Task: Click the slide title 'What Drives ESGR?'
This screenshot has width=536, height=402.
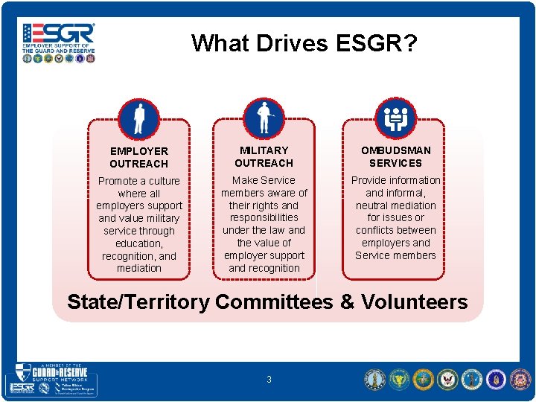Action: point(304,44)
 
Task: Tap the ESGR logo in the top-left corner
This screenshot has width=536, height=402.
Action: point(59,42)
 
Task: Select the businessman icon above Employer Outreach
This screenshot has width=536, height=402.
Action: point(138,118)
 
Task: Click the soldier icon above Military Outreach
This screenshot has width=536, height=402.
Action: point(264,118)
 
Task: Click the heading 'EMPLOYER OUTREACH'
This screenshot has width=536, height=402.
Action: point(138,157)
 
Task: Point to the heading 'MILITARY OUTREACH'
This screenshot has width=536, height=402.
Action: point(264,156)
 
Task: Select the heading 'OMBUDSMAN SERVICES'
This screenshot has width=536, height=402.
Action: point(395,156)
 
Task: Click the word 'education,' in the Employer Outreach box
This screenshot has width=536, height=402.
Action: point(138,243)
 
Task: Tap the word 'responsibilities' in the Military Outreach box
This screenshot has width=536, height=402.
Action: point(264,218)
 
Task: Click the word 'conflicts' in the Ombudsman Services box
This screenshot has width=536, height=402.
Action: point(377,231)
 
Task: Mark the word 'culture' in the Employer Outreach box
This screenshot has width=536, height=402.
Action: point(162,181)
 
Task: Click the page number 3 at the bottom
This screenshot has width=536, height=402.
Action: point(269,380)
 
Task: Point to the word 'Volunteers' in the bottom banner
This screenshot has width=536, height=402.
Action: point(414,302)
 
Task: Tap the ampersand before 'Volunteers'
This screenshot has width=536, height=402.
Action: point(347,302)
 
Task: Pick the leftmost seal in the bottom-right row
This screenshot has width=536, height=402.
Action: point(374,380)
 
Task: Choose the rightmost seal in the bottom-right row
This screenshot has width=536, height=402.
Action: point(518,380)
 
